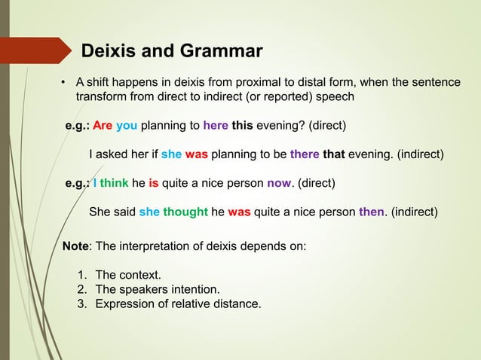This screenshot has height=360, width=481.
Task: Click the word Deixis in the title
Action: click(x=109, y=51)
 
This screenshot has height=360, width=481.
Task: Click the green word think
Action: click(x=115, y=183)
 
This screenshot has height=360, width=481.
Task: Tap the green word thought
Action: click(x=185, y=212)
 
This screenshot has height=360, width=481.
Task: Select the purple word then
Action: click(x=372, y=212)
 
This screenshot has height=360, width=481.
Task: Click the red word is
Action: click(x=153, y=183)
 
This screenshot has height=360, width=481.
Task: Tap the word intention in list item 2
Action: click(x=194, y=289)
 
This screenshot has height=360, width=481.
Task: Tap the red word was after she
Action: click(x=197, y=156)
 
